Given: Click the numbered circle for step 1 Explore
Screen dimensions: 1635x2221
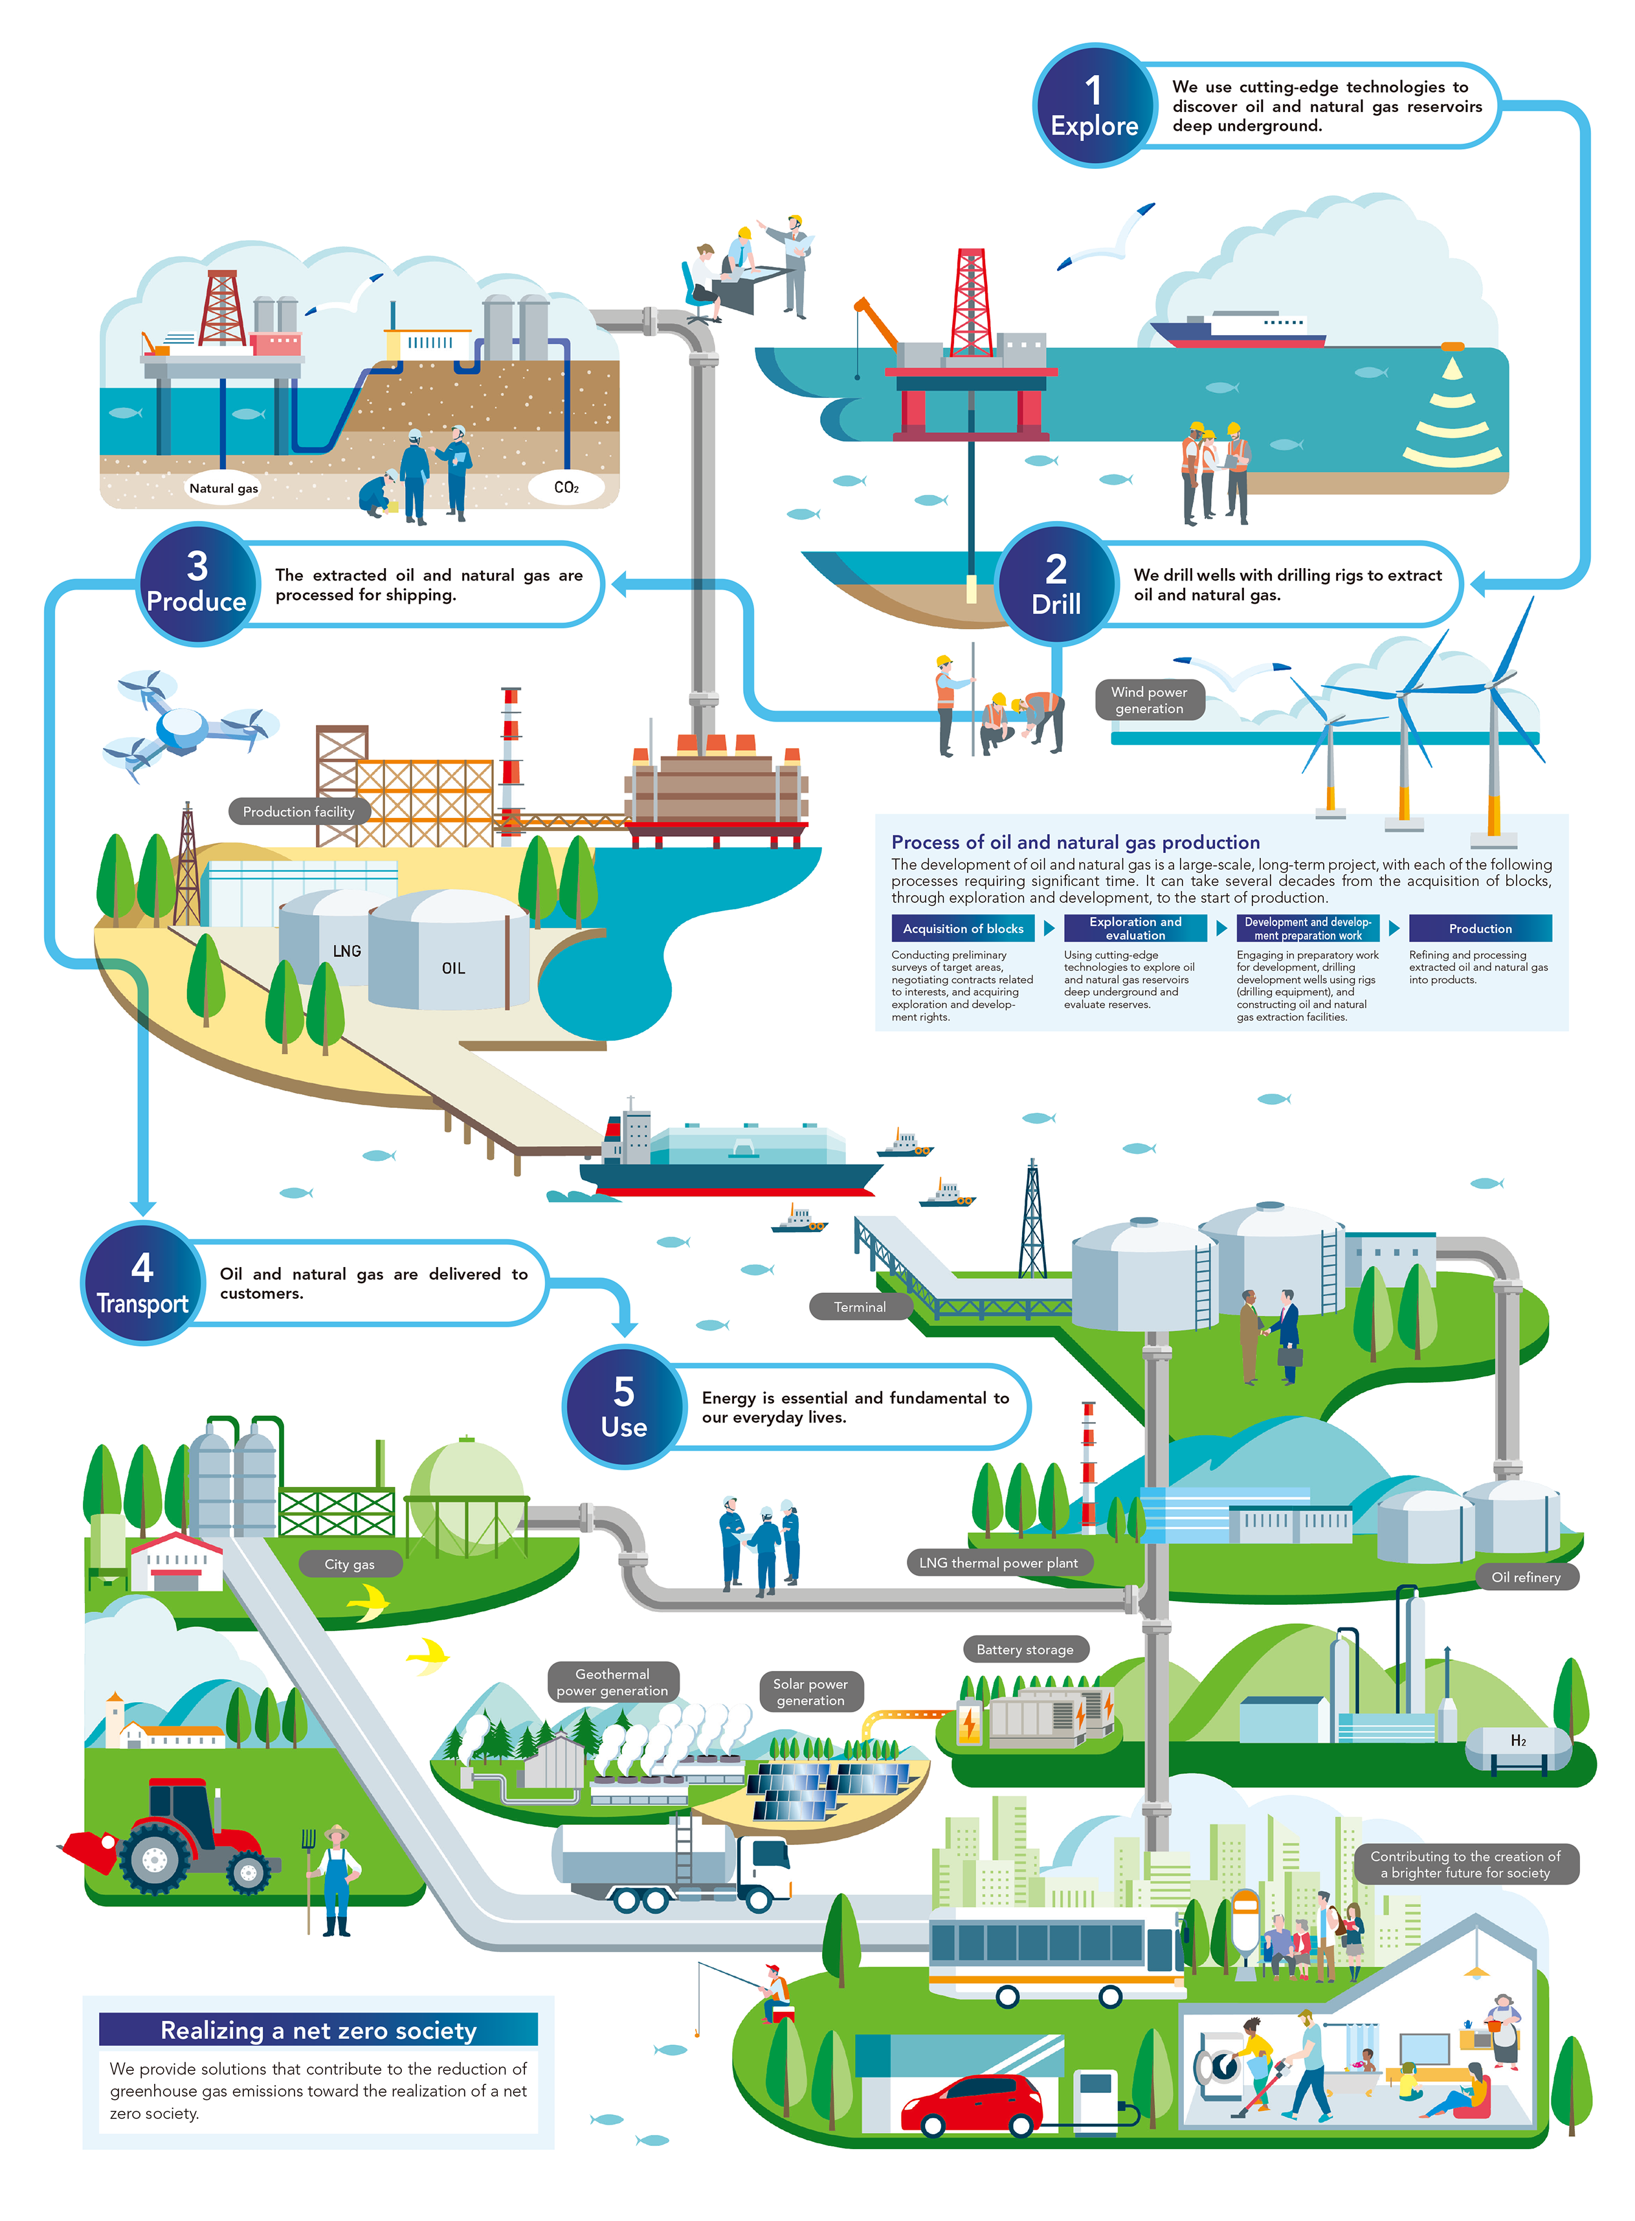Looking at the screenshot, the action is (1094, 106).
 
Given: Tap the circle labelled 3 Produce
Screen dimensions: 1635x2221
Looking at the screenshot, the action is (197, 584).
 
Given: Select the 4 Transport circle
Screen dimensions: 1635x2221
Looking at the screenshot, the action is (142, 1283).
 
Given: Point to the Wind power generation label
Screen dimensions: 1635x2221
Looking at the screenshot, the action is (1149, 700).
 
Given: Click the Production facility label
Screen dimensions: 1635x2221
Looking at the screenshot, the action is (299, 812).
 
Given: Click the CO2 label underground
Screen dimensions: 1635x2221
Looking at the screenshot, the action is (566, 487).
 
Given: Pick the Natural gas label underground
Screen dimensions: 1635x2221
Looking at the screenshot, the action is (224, 488).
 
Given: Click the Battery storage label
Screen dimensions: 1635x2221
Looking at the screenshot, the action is (1025, 1649).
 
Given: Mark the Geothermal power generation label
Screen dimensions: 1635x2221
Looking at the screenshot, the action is (612, 1682).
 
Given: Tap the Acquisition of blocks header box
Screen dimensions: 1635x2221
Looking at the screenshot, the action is (963, 928).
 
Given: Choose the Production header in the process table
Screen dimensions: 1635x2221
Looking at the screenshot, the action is (1480, 928).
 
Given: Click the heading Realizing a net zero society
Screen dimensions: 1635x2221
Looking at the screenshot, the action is (318, 2030).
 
